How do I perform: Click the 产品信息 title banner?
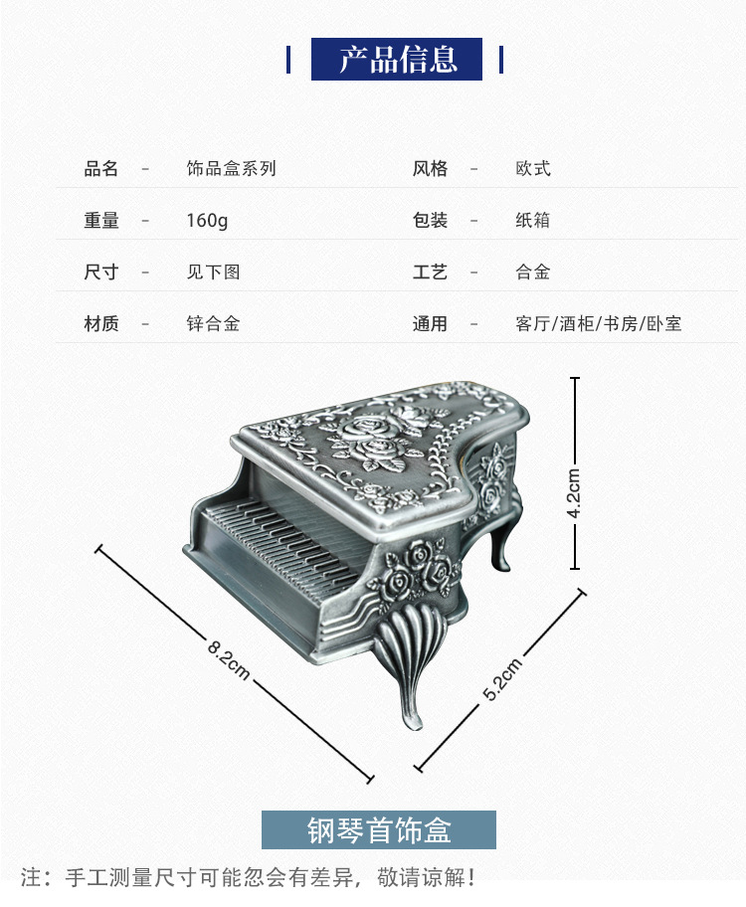point(397,60)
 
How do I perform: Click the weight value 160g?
point(207,221)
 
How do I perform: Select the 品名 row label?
point(100,169)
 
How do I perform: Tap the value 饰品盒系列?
point(231,169)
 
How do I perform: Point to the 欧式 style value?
point(533,169)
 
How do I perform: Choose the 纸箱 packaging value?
point(533,221)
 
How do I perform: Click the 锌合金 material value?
point(213,324)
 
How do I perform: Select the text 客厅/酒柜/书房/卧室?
point(599,324)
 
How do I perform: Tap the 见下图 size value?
point(213,272)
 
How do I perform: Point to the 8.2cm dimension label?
point(229,659)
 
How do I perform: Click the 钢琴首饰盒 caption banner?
point(378,829)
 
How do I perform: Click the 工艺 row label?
point(430,272)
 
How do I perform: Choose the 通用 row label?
point(430,324)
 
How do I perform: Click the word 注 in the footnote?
point(33,877)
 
